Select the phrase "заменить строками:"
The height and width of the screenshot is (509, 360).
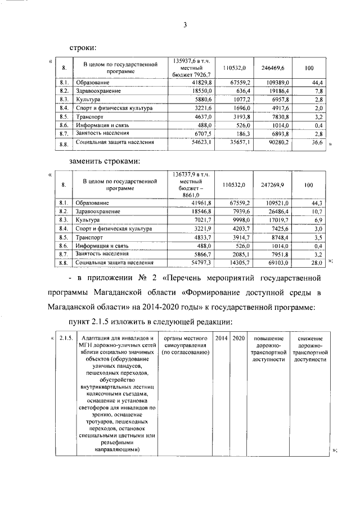pos(104,161)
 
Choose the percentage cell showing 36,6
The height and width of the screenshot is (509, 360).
pos(316,143)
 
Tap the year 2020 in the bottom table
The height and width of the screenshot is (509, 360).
pos(238,338)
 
